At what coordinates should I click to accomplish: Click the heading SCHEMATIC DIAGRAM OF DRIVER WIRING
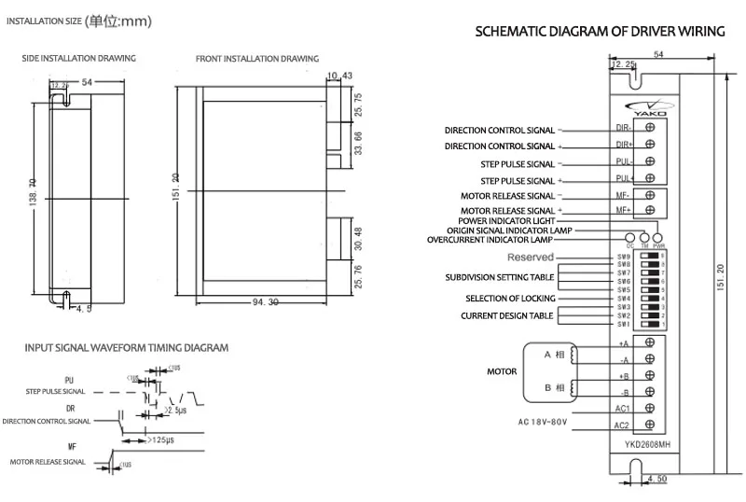(600, 31)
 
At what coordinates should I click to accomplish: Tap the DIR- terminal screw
(649, 127)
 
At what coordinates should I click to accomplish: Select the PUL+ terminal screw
(649, 177)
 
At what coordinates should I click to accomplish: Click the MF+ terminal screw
(649, 211)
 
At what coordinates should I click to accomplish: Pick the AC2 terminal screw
(649, 425)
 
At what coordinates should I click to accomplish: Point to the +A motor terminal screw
(649, 342)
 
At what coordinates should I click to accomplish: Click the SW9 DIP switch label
(623, 255)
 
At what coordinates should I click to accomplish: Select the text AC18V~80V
(543, 422)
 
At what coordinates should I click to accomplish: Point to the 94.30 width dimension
(267, 301)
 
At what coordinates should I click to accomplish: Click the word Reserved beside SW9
(531, 257)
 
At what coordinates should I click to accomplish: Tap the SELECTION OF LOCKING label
(510, 299)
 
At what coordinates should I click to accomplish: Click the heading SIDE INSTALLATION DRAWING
(79, 58)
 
